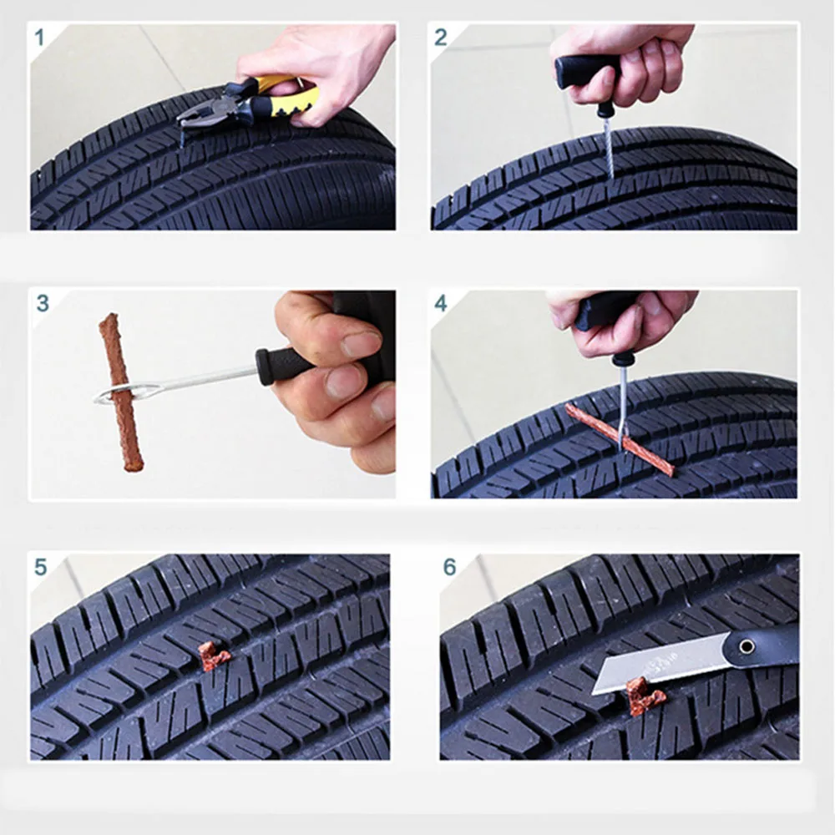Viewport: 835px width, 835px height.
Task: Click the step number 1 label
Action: (39, 38)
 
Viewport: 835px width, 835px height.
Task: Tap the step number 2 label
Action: (440, 38)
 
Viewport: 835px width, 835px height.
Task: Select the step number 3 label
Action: (43, 303)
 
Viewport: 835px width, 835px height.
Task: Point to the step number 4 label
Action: (440, 303)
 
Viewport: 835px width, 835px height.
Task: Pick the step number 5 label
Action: (40, 567)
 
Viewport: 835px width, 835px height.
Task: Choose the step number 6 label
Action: (449, 567)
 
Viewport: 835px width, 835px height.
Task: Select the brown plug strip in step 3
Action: (121, 392)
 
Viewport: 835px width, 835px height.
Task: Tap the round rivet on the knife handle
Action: (746, 646)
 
